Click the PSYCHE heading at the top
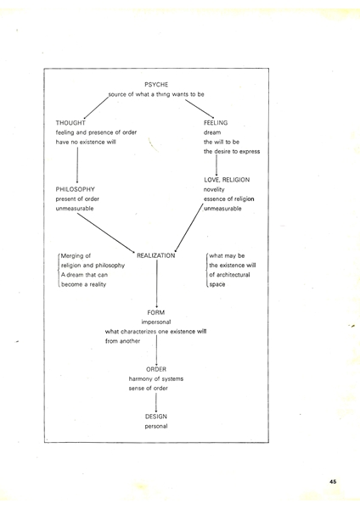pyautogui.click(x=156, y=85)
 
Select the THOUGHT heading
pyautogui.click(x=70, y=123)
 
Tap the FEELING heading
pyautogui.click(x=216, y=123)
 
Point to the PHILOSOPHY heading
pyautogui.click(x=75, y=189)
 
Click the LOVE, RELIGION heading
pyautogui.click(x=227, y=180)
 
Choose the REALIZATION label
pyautogui.click(x=156, y=256)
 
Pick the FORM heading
pyautogui.click(x=156, y=312)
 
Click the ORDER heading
pyautogui.click(x=156, y=369)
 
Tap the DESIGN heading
pyautogui.click(x=156, y=417)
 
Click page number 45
pyautogui.click(x=333, y=482)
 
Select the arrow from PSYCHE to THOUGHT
pyautogui.click(x=96, y=108)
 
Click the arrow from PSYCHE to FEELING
pyautogui.click(x=200, y=109)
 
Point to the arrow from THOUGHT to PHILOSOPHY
pyautogui.click(x=77, y=165)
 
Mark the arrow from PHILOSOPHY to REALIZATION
pyautogui.click(x=106, y=233)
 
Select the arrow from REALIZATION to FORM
pyautogui.click(x=157, y=283)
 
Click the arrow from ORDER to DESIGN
pyautogui.click(x=156, y=402)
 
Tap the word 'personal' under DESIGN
pyautogui.click(x=156, y=426)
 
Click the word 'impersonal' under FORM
pyautogui.click(x=156, y=322)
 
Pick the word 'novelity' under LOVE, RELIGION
pyautogui.click(x=214, y=189)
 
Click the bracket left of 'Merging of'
pyautogui.click(x=59, y=270)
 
